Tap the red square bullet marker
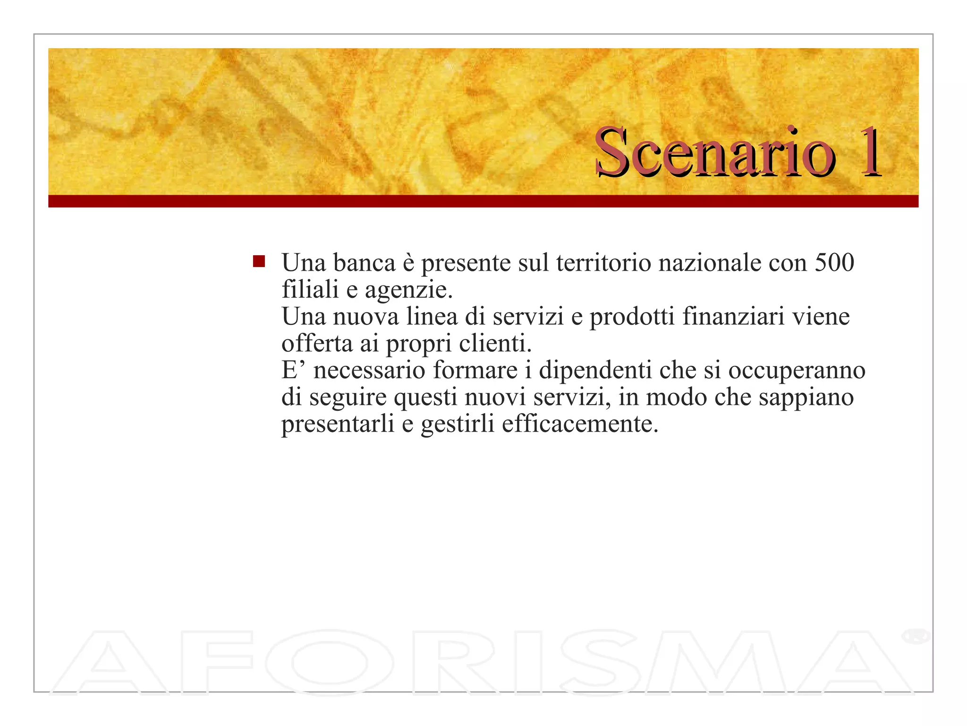259,261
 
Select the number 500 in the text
834,263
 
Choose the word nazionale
710,263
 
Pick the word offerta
317,343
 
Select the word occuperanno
797,371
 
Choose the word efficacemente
580,423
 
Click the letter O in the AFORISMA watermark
329,663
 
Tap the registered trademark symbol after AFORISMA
915,636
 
